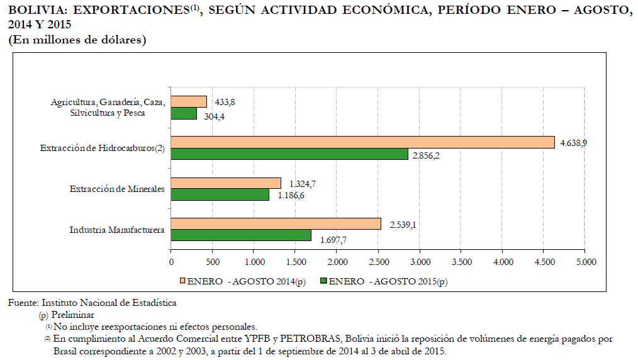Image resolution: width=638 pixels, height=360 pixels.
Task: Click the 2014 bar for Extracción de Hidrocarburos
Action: tap(362, 142)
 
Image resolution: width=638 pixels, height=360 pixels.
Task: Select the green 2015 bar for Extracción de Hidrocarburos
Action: tap(289, 154)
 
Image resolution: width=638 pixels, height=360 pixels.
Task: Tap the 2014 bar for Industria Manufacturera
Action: tap(276, 224)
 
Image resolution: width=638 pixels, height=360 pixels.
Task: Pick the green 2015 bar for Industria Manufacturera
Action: tap(241, 235)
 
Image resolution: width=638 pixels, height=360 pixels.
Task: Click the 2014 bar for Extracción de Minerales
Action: tap(226, 183)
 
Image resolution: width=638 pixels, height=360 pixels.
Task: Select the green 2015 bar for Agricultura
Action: tap(184, 113)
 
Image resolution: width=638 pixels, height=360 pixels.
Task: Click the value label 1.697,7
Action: tap(333, 240)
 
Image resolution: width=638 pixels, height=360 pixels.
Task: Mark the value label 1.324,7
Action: tap(301, 183)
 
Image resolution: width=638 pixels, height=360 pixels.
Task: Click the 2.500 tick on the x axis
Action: tap(378, 262)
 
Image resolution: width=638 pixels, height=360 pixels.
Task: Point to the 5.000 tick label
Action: tap(585, 262)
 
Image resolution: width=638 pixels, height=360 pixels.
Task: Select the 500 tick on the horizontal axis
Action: tap(213, 262)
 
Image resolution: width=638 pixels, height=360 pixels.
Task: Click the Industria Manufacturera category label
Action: tap(117, 230)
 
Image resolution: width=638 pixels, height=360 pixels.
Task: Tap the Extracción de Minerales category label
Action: tap(117, 189)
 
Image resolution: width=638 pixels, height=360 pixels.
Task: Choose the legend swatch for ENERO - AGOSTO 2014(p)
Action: tap(182, 281)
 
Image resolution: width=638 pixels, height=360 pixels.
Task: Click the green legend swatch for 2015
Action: tap(323, 281)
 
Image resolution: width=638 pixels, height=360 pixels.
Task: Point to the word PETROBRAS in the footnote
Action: tap(311, 339)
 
